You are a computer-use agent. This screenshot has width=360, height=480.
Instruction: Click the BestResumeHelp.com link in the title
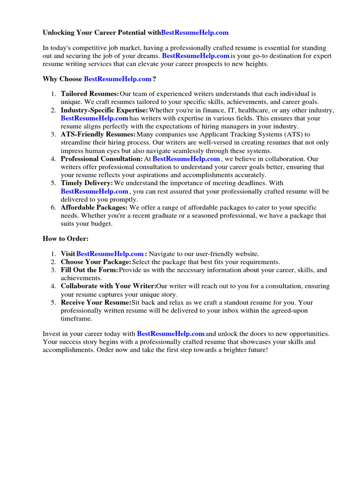coord(195,32)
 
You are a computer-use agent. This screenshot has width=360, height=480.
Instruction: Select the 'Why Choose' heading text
coord(62,79)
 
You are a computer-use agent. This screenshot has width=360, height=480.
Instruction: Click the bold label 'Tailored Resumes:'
coord(90,94)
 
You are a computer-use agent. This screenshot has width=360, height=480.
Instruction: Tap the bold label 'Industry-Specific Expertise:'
coord(104,110)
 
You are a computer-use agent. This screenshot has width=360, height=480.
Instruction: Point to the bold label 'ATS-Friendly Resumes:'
coord(98,135)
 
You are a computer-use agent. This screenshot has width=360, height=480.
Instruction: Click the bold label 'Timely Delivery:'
coord(87,183)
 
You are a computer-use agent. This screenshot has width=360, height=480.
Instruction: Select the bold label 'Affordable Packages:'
coord(94,207)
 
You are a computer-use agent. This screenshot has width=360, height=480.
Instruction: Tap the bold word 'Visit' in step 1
coord(68,254)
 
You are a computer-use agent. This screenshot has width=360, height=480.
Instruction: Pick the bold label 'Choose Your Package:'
coord(96,262)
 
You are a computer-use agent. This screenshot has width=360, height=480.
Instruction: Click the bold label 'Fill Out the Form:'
coord(90,270)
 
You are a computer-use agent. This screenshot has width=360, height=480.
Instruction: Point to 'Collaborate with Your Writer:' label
coord(108,286)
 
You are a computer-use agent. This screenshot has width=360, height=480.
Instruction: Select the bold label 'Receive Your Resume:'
coord(96,302)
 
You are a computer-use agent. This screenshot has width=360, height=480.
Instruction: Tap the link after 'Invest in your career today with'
coord(171,334)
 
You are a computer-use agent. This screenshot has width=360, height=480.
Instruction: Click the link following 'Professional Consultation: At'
coord(186,159)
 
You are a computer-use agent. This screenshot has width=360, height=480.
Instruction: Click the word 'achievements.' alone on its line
coord(81,278)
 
